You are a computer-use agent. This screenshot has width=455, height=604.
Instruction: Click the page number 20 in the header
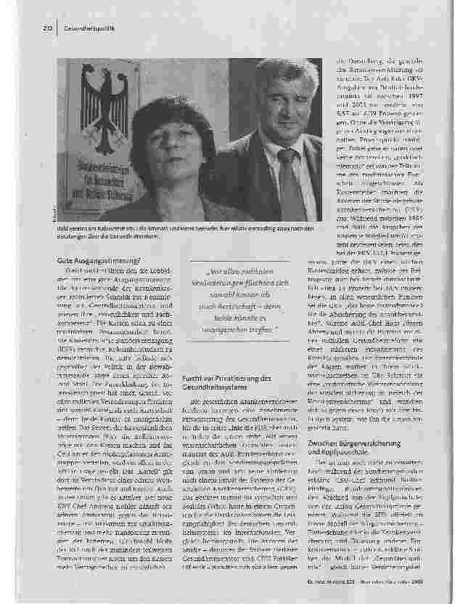point(45,28)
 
